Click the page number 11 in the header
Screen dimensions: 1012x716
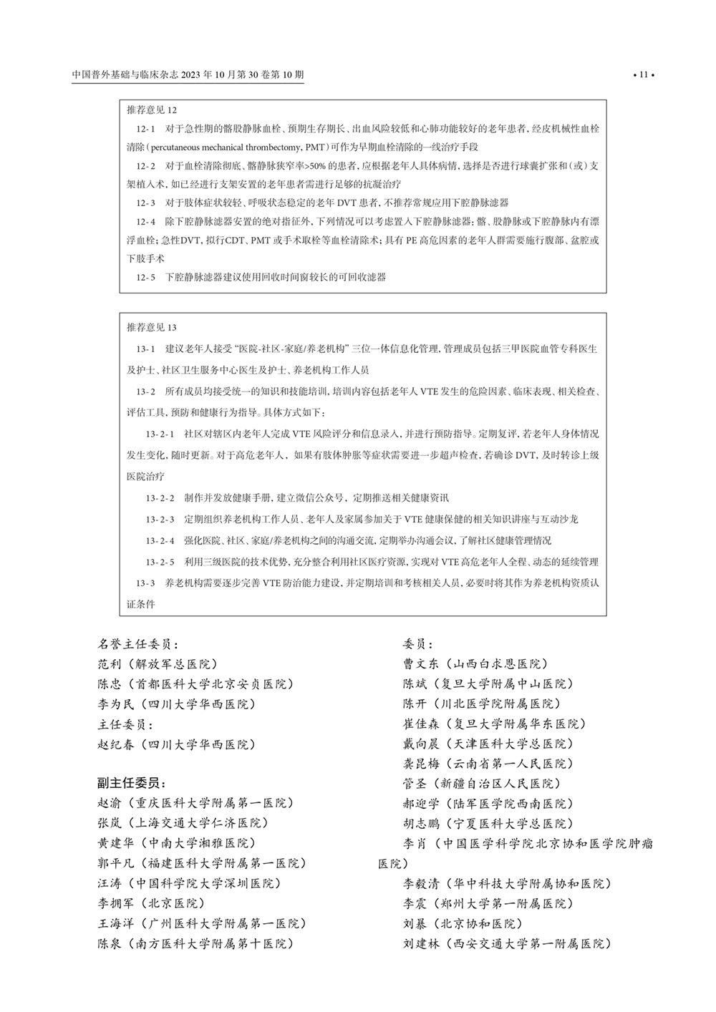pyautogui.click(x=642, y=74)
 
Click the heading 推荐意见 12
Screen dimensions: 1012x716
pyautogui.click(x=152, y=110)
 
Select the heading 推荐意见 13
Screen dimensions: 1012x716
pyautogui.click(x=152, y=328)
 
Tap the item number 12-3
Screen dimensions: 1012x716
pyautogui.click(x=146, y=203)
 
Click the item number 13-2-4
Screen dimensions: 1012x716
pyautogui.click(x=160, y=541)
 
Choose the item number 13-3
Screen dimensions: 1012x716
pyautogui.click(x=146, y=583)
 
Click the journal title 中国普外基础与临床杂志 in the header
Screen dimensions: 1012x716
pyautogui.click(x=125, y=74)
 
